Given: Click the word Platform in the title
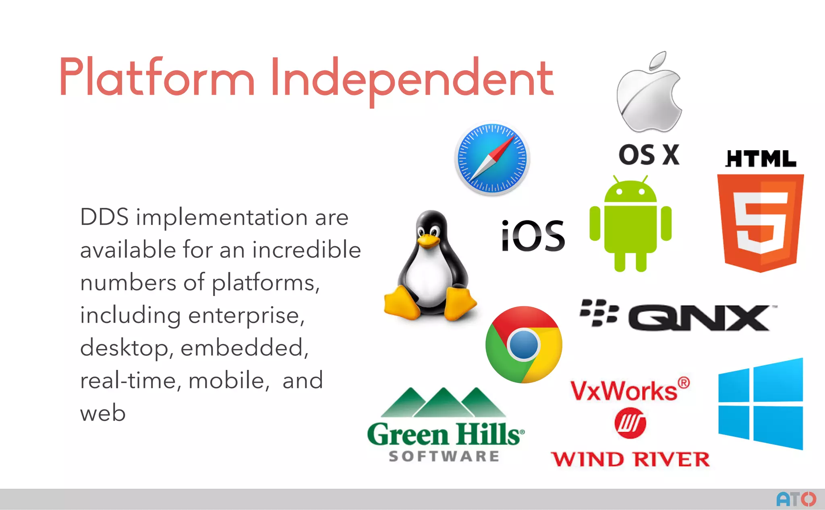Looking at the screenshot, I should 157,77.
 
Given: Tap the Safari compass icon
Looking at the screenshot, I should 492,158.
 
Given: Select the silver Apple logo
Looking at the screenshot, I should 649,95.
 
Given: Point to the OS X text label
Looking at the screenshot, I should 649,155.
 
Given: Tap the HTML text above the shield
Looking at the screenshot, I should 761,159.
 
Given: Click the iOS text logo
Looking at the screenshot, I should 533,236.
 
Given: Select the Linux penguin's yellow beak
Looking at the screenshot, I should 428,241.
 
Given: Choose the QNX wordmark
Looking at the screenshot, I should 699,318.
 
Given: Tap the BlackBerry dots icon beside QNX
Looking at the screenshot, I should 599,312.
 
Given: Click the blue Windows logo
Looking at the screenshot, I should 761,404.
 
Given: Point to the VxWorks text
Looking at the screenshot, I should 624,391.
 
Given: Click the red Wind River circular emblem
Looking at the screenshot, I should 630,423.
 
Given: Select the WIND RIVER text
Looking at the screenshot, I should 630,459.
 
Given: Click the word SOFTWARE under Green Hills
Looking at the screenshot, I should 444,456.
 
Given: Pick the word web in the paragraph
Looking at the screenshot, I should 103,413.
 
